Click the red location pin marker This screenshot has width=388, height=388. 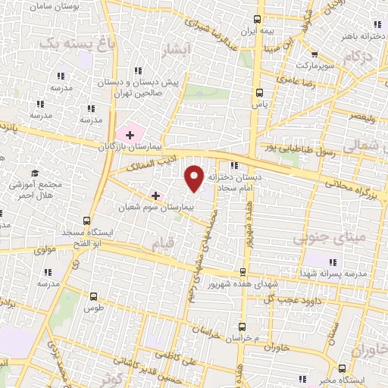pos(195,177)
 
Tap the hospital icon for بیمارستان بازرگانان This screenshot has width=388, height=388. pos(130,135)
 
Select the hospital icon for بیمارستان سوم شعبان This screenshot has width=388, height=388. pos(155,195)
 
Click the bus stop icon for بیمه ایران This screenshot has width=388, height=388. pos(258,19)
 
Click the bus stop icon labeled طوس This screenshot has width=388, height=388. pos(93,297)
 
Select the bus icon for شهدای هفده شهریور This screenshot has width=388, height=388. pos(242,271)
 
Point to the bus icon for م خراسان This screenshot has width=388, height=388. pos(242,326)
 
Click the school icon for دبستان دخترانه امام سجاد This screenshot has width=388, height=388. pos(234,165)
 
